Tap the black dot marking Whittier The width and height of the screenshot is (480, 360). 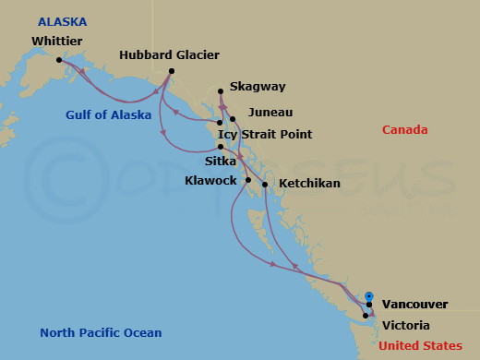tap(58, 61)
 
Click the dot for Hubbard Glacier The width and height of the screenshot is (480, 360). tap(172, 72)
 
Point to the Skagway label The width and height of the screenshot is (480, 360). tap(258, 87)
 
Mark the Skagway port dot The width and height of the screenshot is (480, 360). tap(220, 91)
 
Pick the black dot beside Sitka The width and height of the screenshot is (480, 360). tap(221, 147)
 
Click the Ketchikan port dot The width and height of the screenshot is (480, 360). tap(265, 186)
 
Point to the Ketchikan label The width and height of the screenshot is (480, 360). tap(309, 184)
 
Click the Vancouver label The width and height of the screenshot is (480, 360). tap(414, 304)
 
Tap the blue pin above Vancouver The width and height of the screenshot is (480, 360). tap(369, 296)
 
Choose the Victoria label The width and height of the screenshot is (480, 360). tap(405, 325)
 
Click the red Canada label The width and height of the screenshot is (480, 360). tap(405, 130)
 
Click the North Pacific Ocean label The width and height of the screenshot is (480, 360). tap(101, 333)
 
